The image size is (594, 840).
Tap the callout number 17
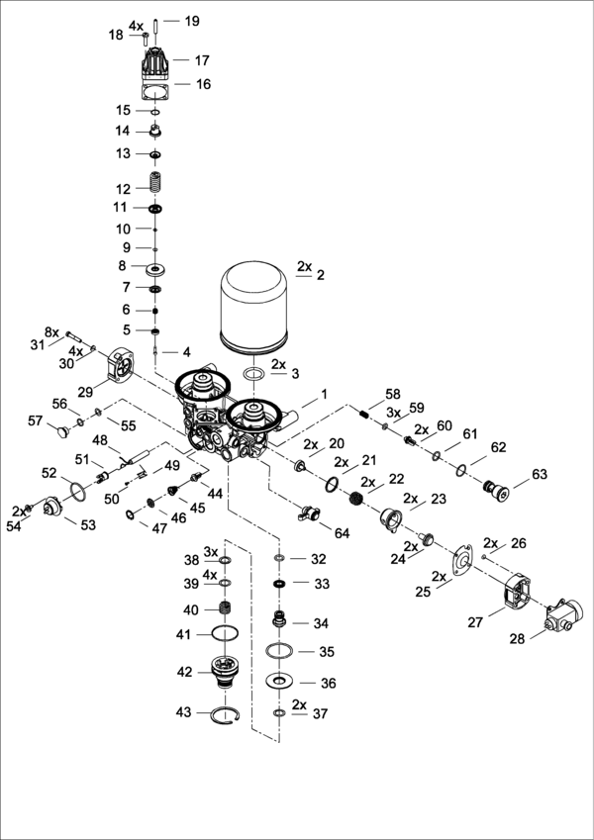pyautogui.click(x=202, y=60)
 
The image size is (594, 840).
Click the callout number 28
pyautogui.click(x=518, y=640)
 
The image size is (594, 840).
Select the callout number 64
pyautogui.click(x=343, y=533)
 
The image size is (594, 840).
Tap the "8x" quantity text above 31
pyautogui.click(x=52, y=331)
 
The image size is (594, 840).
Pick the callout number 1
pyautogui.click(x=322, y=394)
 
